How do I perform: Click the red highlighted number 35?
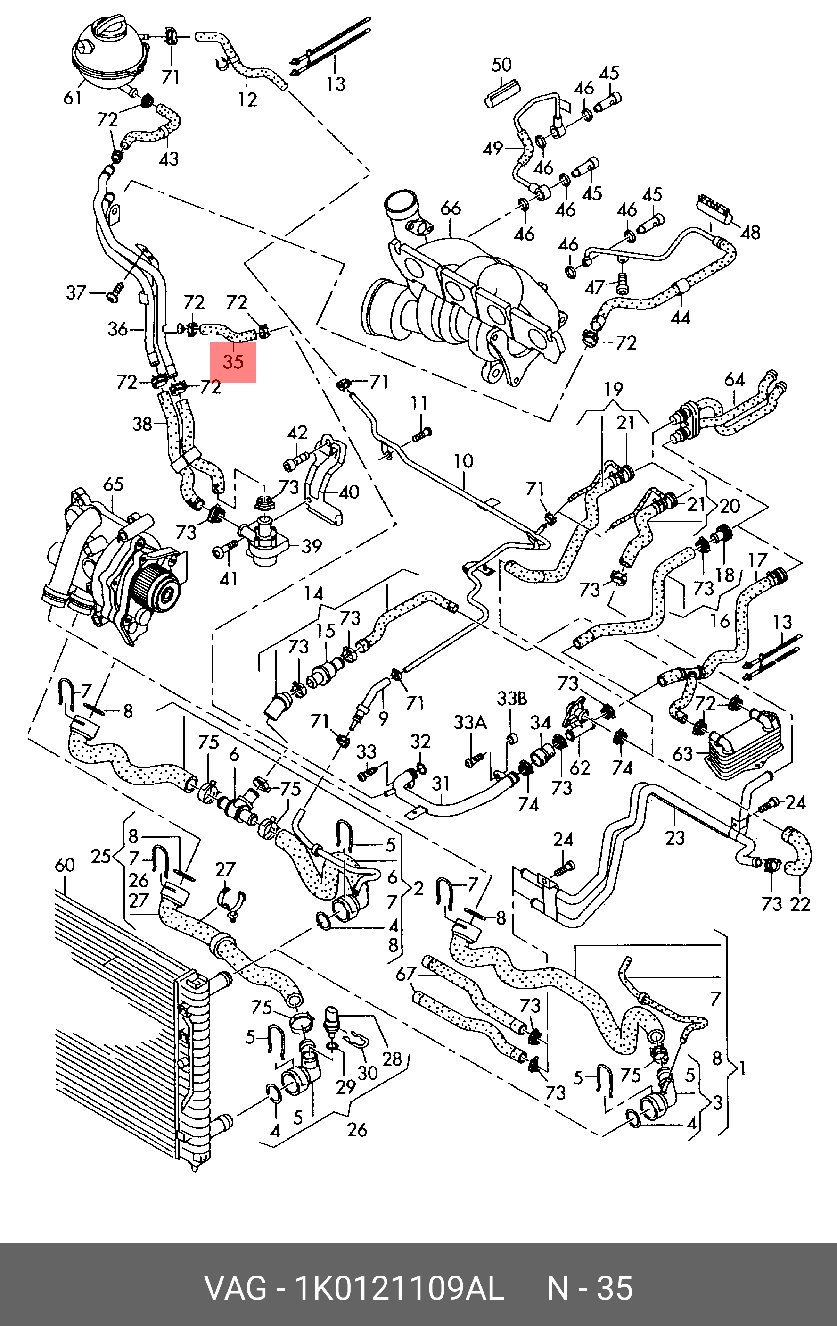pos(233,362)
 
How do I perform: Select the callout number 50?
pos(501,65)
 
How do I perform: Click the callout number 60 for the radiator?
pos(65,865)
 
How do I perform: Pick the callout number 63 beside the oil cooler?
pos(682,753)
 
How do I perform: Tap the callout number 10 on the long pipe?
pos(463,460)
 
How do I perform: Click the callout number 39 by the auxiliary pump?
pos(312,546)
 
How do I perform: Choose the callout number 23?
pos(675,838)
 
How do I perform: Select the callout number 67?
pos(406,974)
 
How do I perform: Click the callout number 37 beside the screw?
pos(76,292)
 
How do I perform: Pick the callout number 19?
pos(613,389)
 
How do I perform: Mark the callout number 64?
pos(734,379)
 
